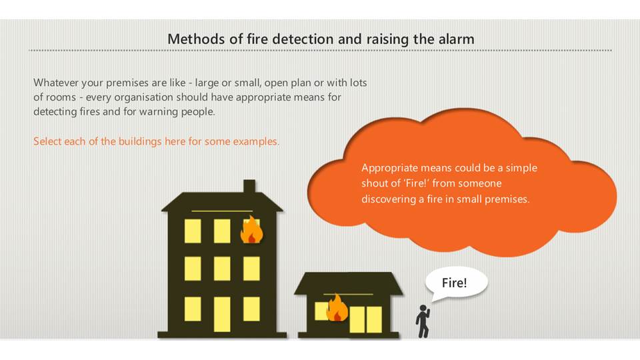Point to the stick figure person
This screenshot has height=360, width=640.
pos(423,321)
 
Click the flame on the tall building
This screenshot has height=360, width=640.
pos(251,230)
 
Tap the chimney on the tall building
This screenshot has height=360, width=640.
pos(249,187)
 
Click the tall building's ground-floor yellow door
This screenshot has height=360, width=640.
pos(222,314)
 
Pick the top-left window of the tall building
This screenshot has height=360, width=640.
pos(193,231)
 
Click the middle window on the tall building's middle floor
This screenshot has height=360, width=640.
pos(222,268)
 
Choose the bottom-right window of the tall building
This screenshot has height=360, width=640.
pos(251,309)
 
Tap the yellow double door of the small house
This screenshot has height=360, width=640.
pos(366,319)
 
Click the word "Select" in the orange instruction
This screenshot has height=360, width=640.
pos(47,141)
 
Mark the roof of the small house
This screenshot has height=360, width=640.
pos(349,283)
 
